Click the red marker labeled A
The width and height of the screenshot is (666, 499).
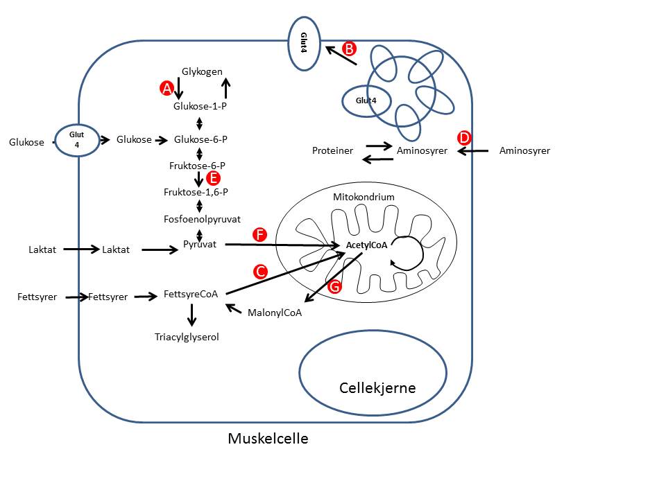pyautogui.click(x=166, y=88)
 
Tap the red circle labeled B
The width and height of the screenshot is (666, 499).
pyautogui.click(x=350, y=49)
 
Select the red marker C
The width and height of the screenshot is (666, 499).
pyautogui.click(x=261, y=272)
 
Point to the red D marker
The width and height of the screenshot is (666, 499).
pyautogui.click(x=465, y=137)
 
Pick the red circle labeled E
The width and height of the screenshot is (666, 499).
pyautogui.click(x=214, y=177)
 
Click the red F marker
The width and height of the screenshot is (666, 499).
pyautogui.click(x=260, y=235)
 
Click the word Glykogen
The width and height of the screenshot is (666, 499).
pyautogui.click(x=202, y=71)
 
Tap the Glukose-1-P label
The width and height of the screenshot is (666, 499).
pyautogui.click(x=200, y=106)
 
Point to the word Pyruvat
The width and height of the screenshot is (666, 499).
pyautogui.click(x=200, y=245)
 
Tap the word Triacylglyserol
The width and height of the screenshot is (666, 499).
pyautogui.click(x=191, y=337)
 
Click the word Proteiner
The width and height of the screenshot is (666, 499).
pyautogui.click(x=332, y=150)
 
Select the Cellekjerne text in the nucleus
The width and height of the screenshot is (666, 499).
pyautogui.click(x=377, y=387)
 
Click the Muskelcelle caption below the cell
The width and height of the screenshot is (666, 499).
pyautogui.click(x=268, y=439)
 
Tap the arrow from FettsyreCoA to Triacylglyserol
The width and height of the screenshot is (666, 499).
pyautogui.click(x=192, y=315)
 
